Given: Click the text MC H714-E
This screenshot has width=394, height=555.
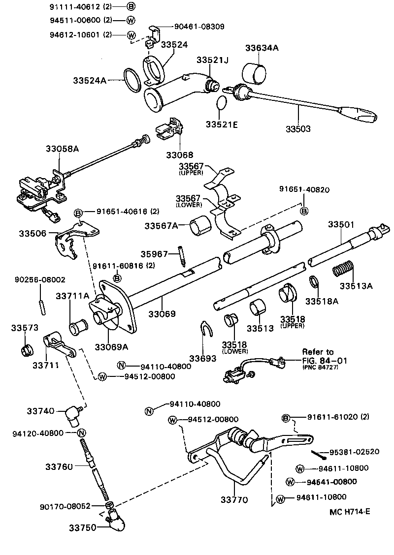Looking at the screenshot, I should [350, 511].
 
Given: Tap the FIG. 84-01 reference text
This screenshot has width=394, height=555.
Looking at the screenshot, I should [325, 360].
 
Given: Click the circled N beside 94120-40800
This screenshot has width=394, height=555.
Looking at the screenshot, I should [82, 432].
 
